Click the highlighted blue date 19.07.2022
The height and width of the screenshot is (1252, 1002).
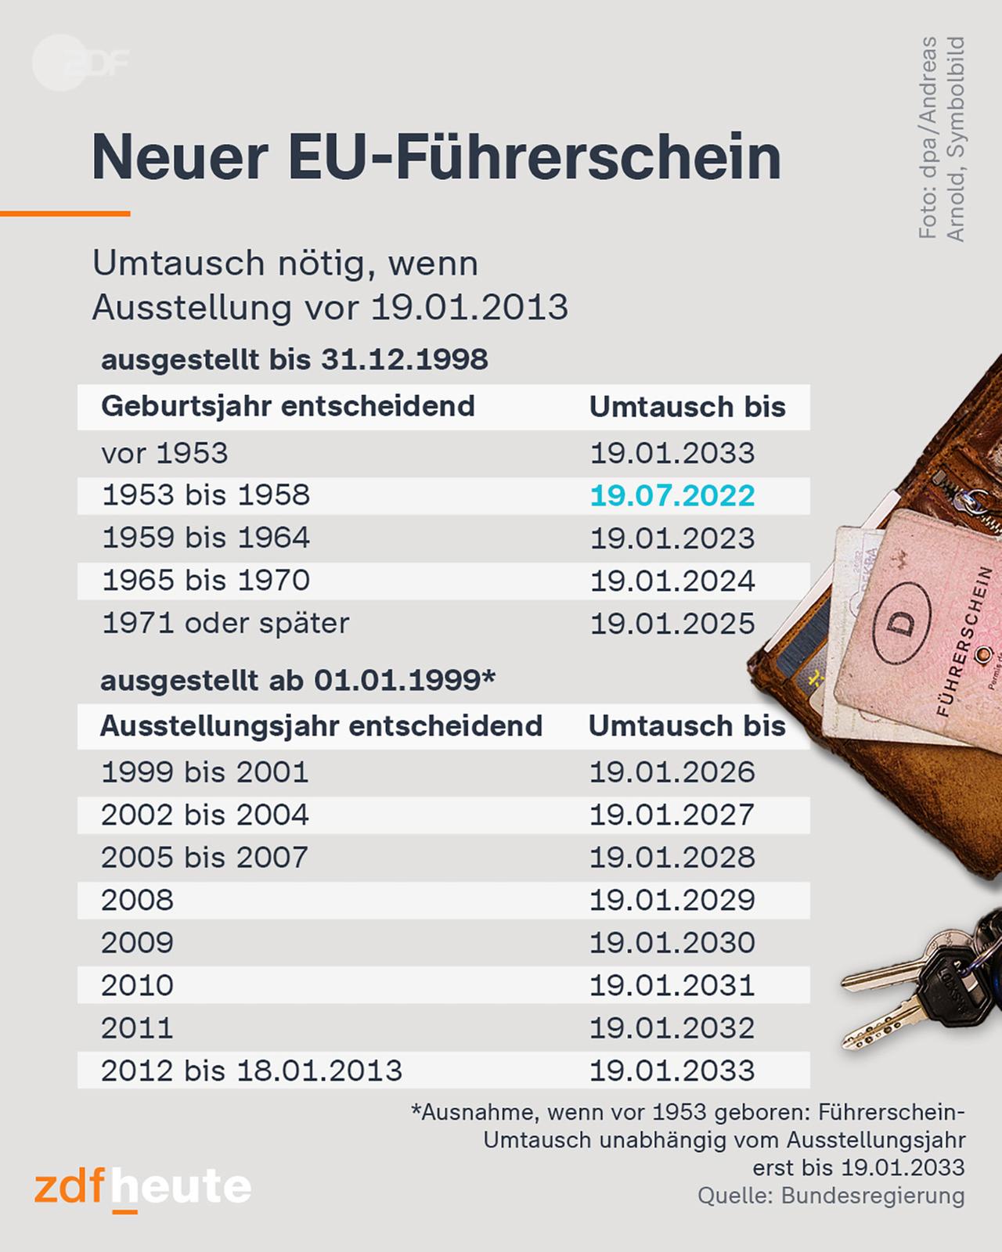672,496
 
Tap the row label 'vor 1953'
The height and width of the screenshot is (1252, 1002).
164,454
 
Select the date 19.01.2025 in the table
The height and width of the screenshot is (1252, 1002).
672,624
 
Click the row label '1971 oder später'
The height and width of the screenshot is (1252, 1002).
225,624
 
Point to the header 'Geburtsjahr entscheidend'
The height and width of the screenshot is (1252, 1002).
287,407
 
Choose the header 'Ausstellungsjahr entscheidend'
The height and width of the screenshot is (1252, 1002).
321,726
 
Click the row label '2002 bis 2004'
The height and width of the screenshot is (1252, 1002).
205,815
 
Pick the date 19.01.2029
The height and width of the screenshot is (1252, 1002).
672,901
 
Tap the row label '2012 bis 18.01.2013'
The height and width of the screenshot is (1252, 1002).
251,1070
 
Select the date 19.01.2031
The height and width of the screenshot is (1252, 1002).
672,985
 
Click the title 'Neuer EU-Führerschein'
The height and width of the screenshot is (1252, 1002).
436,157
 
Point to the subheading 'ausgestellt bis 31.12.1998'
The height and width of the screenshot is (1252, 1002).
294,360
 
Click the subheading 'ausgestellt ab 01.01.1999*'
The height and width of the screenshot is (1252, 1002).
297,681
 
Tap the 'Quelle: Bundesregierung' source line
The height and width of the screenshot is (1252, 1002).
831,1196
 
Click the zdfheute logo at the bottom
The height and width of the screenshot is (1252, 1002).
142,1189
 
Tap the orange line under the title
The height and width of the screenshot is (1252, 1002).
65,213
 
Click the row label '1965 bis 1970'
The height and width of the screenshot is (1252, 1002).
206,581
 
